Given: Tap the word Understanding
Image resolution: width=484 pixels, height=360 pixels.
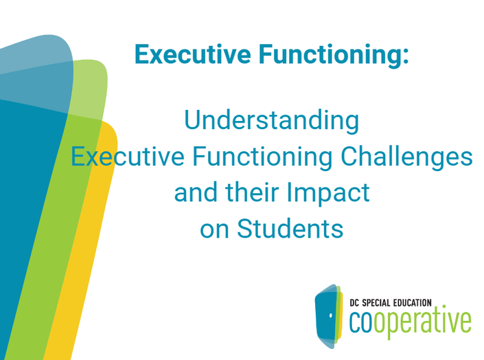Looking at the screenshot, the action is [x=272, y=120].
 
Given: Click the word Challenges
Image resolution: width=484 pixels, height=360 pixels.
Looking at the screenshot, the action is [x=406, y=157].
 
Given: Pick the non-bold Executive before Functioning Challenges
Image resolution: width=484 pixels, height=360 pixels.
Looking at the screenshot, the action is [x=128, y=157].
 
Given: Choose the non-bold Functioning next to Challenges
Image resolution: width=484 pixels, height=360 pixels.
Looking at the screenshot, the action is [x=263, y=157].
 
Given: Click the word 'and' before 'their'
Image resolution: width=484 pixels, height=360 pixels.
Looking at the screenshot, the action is [x=196, y=192].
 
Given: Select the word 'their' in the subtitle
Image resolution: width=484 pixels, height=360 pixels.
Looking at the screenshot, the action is [x=252, y=192].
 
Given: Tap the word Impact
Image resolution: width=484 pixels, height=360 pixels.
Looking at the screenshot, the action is [x=328, y=193].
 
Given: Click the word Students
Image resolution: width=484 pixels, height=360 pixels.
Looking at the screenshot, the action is [x=290, y=229].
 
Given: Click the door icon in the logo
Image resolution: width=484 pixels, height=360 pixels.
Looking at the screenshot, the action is [x=328, y=316].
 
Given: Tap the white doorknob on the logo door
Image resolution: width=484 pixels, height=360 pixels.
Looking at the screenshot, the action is [x=331, y=315].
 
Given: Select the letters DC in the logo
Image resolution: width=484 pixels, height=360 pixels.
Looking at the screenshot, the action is [x=355, y=303].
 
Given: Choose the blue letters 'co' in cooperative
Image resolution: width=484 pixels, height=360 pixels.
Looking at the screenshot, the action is [x=360, y=322].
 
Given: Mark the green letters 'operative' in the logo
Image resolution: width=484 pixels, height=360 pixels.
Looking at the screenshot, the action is [x=422, y=322].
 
